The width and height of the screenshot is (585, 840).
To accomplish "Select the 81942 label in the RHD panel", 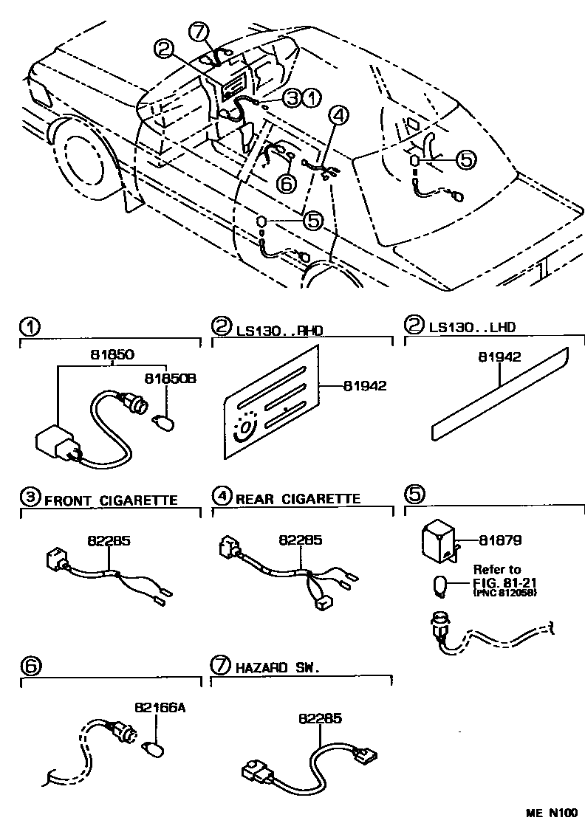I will [366, 385].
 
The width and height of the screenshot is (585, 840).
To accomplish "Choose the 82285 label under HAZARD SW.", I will [321, 717].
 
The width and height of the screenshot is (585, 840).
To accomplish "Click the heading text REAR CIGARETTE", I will [298, 499].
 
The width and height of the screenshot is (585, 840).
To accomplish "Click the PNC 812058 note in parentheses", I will [504, 593].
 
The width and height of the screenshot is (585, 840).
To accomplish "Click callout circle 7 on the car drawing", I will [199, 32].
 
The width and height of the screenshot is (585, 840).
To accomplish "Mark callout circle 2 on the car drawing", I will [165, 49].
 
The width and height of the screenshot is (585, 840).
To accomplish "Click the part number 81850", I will [110, 354].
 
